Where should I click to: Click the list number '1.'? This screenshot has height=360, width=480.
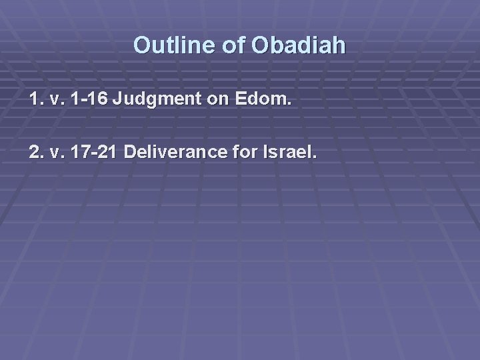click(36, 101)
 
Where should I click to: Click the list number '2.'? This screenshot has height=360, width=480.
click(36, 153)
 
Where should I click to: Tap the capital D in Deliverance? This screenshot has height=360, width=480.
click(130, 153)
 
